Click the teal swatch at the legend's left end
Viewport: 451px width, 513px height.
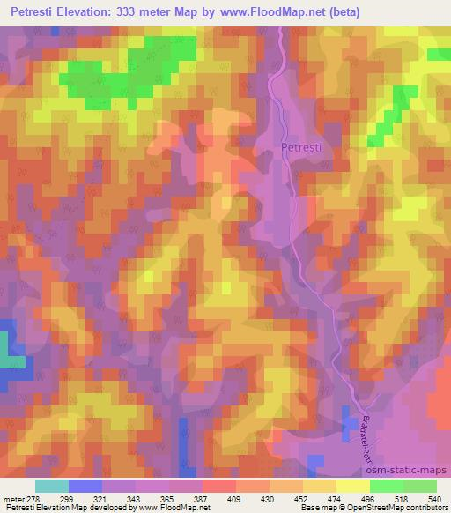[52, 486]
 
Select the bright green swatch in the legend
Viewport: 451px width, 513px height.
[387, 486]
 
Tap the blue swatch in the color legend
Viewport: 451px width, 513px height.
[85, 486]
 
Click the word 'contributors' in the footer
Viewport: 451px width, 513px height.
[429, 508]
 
